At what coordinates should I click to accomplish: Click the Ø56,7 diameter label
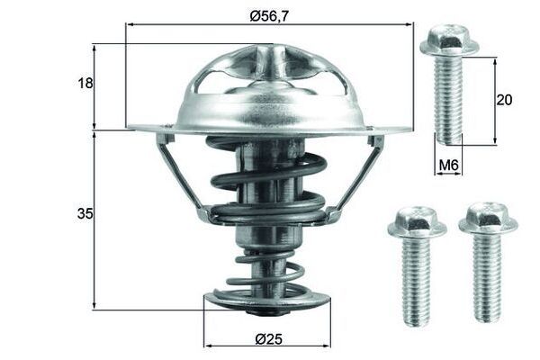tap(269, 16)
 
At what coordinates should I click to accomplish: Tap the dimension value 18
tap(85, 83)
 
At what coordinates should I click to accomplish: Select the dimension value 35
tap(85, 214)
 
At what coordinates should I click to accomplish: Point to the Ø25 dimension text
tap(268, 339)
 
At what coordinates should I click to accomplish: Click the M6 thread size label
tap(449, 166)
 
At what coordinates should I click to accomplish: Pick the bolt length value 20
tap(504, 100)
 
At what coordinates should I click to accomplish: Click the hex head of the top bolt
tap(449, 40)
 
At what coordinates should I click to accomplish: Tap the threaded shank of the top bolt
tap(448, 100)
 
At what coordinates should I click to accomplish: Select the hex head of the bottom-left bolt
tap(417, 223)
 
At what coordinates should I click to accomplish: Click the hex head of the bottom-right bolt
tap(488, 219)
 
